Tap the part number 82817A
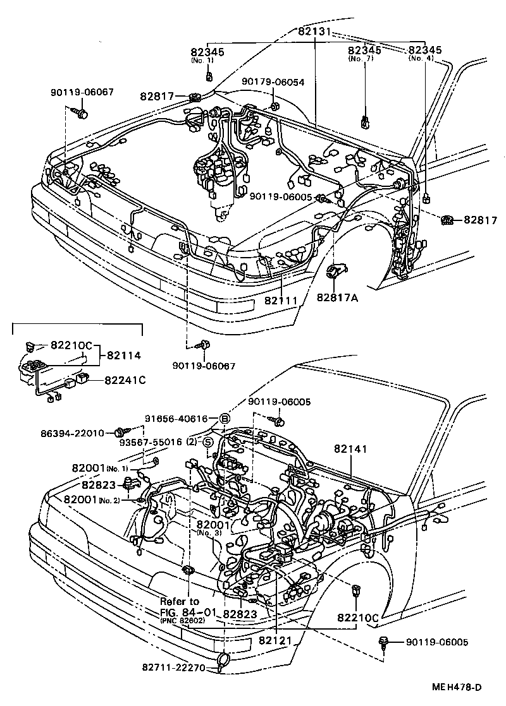pyautogui.click(x=337, y=297)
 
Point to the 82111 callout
pyautogui.click(x=281, y=301)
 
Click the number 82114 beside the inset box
pyautogui.click(x=124, y=355)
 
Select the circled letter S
pyautogui.click(x=207, y=442)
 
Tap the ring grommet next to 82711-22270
pyautogui.click(x=223, y=661)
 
